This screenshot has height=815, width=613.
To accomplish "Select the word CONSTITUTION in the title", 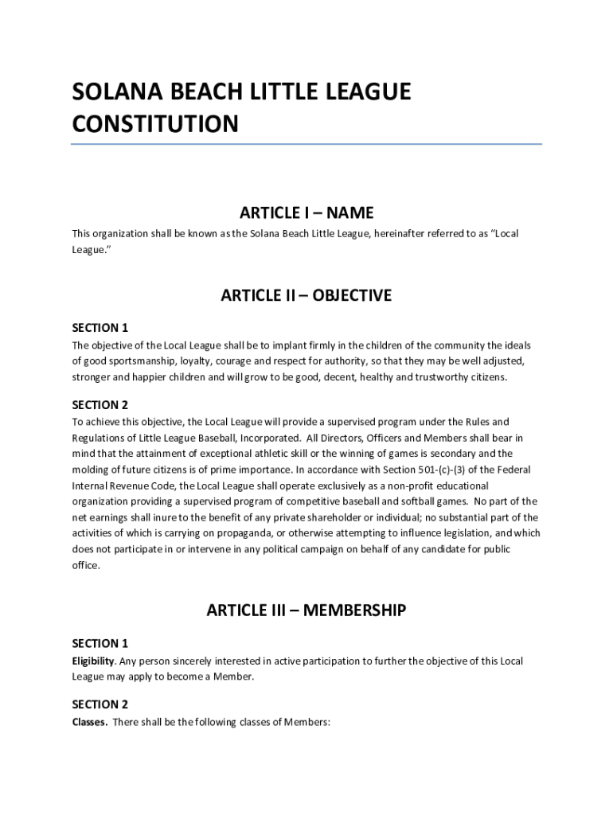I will [x=155, y=125].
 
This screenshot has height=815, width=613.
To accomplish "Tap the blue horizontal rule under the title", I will [x=306, y=144].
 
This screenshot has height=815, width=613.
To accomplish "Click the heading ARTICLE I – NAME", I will [x=306, y=213].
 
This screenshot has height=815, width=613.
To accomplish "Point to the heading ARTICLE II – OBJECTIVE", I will [x=306, y=295].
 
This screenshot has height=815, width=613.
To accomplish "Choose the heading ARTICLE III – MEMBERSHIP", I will [x=306, y=610].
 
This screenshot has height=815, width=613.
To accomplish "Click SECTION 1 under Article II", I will [x=100, y=328].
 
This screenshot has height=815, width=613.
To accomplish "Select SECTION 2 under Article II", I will [x=100, y=405].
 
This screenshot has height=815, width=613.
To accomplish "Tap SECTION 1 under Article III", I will [x=100, y=643].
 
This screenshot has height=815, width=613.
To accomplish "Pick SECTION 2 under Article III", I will [x=100, y=704].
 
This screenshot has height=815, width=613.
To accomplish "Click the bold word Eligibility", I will [x=93, y=661].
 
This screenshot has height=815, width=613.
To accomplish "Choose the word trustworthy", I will [x=433, y=376].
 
